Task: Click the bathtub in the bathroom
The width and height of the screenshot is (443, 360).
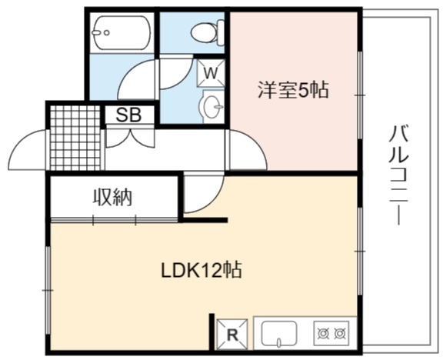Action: pos(121,32)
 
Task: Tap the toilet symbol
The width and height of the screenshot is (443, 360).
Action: pos(208,33)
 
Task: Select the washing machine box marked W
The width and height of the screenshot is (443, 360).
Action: pos(211,73)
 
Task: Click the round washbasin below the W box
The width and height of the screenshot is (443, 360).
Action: pos(212,107)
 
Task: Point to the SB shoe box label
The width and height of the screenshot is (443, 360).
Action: pos(128,115)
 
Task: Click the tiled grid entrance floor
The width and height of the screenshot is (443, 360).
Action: pos(75,138)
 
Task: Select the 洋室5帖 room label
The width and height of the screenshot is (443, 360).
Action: pos(293,90)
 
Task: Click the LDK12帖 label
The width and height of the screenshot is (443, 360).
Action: pos(202,271)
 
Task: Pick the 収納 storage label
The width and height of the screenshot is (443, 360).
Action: pos(113,197)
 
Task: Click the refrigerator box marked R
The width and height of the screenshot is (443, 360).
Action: pos(232,335)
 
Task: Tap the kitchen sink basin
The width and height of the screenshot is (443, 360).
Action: pos(279,333)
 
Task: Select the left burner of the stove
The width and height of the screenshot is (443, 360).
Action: pos(322,334)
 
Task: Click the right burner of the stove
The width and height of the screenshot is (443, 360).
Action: pos(338,334)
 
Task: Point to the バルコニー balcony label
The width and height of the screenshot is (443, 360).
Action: pos(398,175)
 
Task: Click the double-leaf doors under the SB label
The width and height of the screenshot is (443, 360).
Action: pos(130,138)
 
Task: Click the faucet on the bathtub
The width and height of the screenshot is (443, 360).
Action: pos(101,32)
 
